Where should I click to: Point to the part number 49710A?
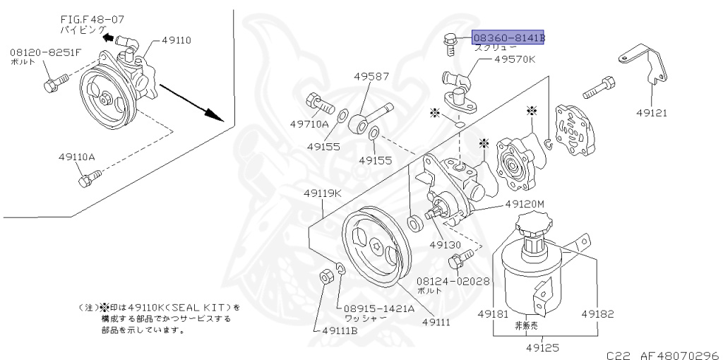pos(309,124)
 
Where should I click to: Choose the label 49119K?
pos(323,193)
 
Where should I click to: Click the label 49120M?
pos(525,204)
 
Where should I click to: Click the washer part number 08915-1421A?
pos(378,308)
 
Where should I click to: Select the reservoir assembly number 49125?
pos(545,347)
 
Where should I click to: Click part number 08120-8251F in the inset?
pos(45,52)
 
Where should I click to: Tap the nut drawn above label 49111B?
pos(326,275)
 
